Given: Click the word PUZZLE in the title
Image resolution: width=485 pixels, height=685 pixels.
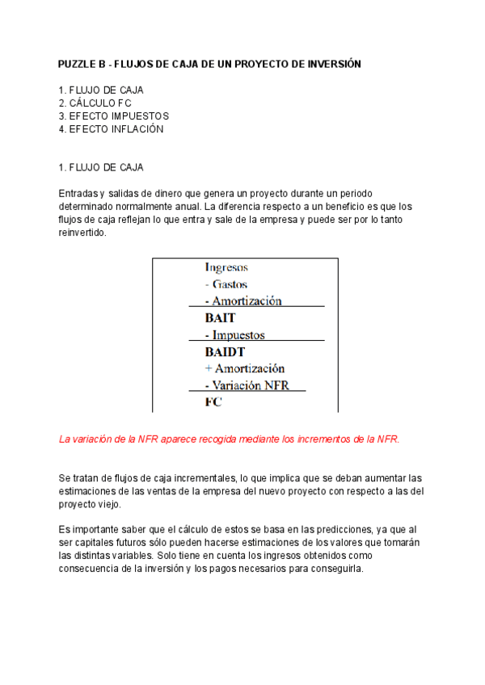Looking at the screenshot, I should [x=77, y=63].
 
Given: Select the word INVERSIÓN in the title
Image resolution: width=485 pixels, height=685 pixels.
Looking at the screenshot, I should [x=331, y=63].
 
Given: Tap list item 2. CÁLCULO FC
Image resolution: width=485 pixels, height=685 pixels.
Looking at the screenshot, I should [x=95, y=103].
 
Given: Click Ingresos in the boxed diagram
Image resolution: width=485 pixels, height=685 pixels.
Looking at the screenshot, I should [x=227, y=267].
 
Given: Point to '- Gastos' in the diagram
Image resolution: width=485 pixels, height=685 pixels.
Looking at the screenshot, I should [x=226, y=284].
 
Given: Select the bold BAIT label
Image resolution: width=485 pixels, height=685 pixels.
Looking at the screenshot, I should [x=220, y=318].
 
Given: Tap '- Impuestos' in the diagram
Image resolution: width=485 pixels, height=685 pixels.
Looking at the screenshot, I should [x=235, y=335].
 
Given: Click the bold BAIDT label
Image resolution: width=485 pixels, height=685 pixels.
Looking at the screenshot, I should [x=225, y=352].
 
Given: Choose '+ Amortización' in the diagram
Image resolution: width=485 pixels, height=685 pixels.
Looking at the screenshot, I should [x=245, y=368].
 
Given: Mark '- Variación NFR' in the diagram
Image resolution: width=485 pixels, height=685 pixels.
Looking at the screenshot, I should [x=247, y=385].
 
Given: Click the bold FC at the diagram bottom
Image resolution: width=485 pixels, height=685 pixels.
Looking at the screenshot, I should [x=213, y=401].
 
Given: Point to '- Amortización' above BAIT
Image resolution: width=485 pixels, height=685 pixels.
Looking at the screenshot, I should [x=243, y=300].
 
